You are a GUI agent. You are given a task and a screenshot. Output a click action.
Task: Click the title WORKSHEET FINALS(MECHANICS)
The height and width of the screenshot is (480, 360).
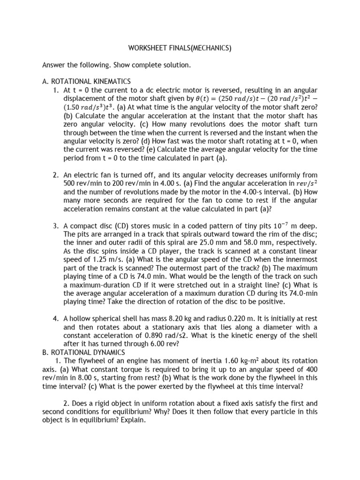click(x=180, y=48)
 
